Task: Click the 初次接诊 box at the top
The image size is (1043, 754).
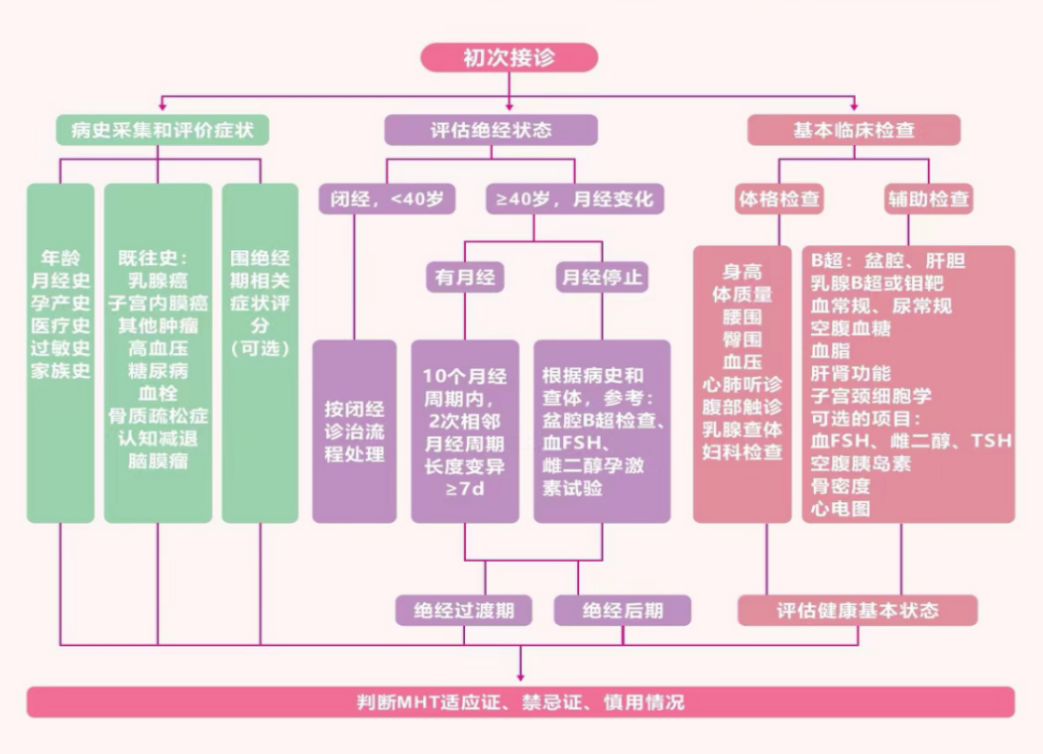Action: pos(510,58)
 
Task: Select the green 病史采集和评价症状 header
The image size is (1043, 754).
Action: pos(162,130)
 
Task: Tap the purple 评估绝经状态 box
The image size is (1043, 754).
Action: pos(491,130)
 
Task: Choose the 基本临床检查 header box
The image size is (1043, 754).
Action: pos(854,130)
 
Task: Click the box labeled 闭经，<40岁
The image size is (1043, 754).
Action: pos(387,198)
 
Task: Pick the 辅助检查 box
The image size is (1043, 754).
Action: pos(928,198)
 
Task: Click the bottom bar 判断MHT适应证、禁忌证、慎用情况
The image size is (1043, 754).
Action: pos(521,702)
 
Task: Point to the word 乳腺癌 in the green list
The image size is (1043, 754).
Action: pos(158,281)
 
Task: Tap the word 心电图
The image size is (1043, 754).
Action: pos(840,509)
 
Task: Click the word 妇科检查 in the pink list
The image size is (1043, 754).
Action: pos(742,452)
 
